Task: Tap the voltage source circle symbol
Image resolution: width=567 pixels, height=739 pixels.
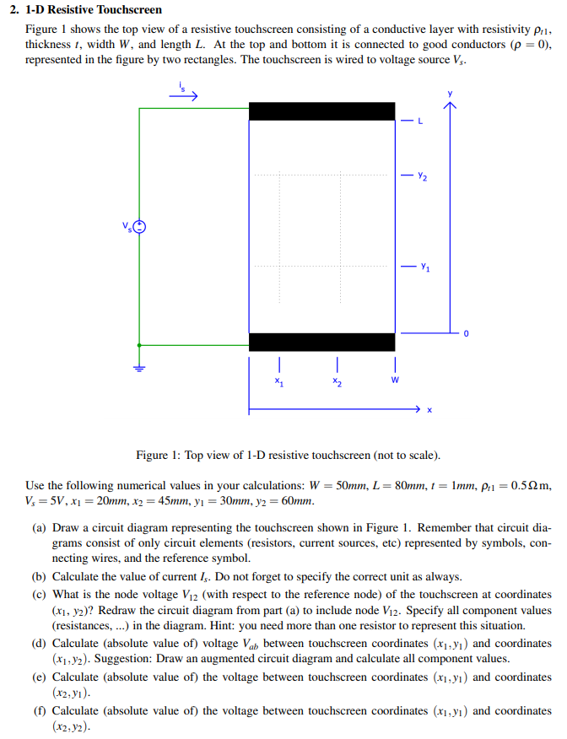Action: [139, 226]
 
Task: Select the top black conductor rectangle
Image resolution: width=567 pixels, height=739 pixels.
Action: [321, 111]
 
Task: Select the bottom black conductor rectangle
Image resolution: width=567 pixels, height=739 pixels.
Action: [321, 342]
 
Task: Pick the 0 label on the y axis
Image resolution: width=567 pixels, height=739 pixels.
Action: [464, 336]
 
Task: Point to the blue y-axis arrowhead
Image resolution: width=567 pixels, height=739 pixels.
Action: [450, 105]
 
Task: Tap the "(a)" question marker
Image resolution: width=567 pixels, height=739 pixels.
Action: [39, 528]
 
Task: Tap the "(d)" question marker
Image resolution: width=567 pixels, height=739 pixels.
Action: [39, 643]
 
